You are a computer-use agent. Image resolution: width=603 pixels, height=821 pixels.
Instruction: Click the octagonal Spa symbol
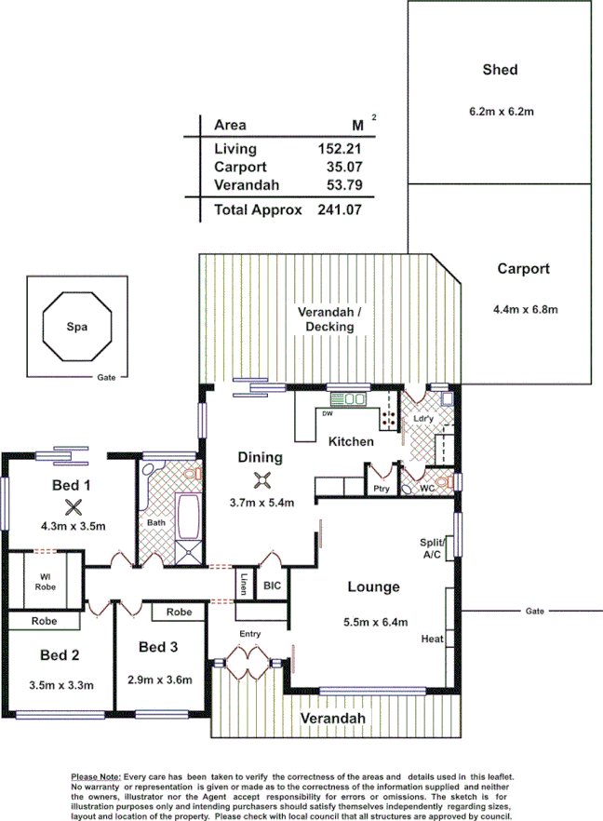[77, 327]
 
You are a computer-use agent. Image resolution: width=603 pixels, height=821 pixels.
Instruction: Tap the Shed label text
[500, 70]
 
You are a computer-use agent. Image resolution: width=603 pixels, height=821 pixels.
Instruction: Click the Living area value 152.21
[340, 149]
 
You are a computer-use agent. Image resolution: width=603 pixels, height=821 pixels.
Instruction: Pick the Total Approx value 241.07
[339, 210]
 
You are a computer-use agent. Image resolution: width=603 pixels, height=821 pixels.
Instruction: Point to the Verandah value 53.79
[340, 185]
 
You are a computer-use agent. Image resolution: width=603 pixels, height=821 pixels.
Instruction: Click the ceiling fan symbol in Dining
[261, 480]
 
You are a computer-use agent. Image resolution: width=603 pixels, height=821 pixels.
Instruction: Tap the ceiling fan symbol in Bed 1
[73, 507]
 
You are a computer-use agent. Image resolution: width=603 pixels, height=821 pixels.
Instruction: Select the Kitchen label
[351, 441]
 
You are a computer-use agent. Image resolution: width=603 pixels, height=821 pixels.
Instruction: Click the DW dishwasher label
[326, 413]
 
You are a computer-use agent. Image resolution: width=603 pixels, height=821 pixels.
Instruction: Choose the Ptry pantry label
[381, 488]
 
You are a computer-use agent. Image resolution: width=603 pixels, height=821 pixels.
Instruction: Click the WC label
[427, 488]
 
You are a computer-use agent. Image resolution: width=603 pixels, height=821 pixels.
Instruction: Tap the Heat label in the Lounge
[432, 639]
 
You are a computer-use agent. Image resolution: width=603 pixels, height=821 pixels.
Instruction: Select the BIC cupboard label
[273, 586]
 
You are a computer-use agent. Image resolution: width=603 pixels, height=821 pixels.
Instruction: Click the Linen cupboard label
[244, 587]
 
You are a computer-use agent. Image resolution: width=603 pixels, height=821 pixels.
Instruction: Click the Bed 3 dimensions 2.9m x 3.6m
[159, 679]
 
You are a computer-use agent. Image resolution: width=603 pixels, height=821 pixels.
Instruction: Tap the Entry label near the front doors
[249, 635]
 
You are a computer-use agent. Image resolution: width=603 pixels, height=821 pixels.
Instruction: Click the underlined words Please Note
[96, 776]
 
